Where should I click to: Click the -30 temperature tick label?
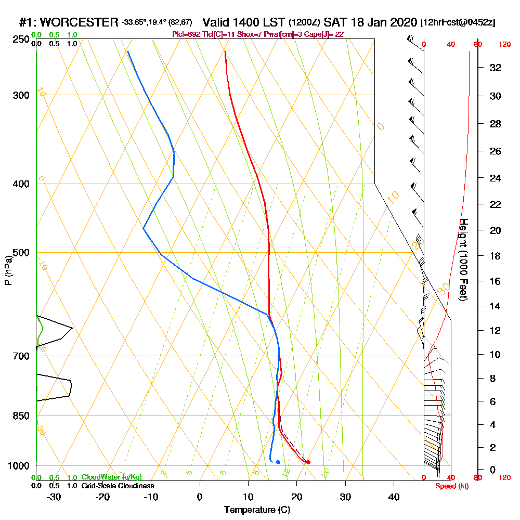[x=54, y=497]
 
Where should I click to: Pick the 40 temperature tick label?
[x=394, y=497]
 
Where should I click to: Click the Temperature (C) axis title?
[x=257, y=510]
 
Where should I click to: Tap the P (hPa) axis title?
[x=8, y=270]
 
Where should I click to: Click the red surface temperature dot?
[x=308, y=462]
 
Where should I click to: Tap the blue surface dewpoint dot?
[x=278, y=462]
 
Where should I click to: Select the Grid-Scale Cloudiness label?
[x=118, y=486]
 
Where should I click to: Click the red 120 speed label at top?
[x=504, y=44]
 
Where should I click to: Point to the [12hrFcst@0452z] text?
[x=458, y=22]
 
